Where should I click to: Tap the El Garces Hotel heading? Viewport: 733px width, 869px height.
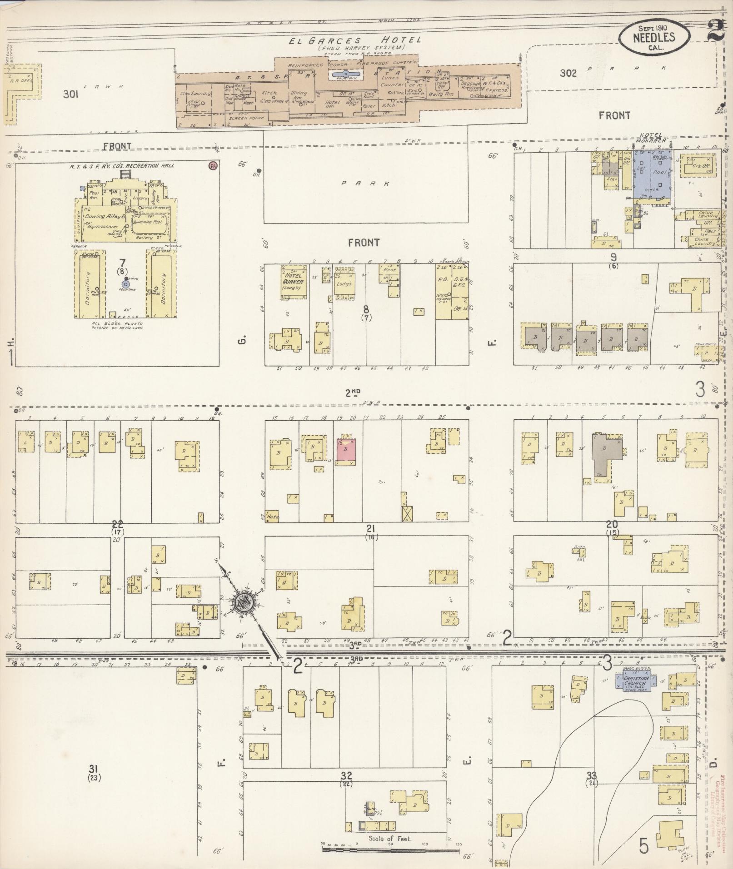pos(355,40)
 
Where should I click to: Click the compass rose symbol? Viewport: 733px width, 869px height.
pos(243,603)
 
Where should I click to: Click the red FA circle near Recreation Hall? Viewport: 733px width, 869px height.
pos(212,166)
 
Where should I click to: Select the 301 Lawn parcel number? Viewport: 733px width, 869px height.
pos(71,94)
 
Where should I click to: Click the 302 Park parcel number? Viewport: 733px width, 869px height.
pos(568,73)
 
